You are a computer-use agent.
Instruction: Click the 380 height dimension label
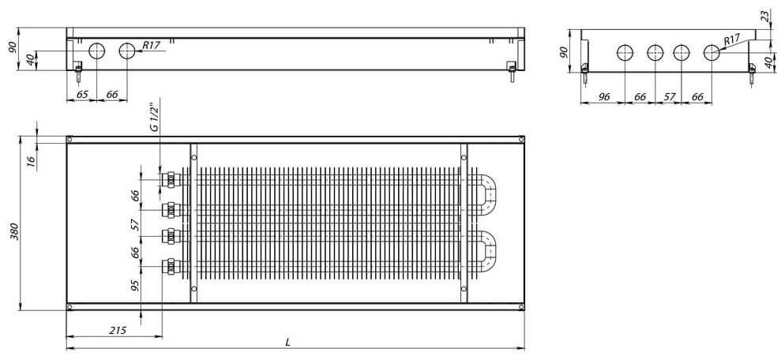14,230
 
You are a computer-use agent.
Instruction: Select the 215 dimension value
118,330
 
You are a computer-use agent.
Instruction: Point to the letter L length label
288,343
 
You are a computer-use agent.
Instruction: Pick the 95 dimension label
135,285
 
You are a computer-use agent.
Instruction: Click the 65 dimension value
81,95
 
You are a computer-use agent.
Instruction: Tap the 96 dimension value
604,98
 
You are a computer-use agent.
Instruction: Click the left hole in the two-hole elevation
97,51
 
